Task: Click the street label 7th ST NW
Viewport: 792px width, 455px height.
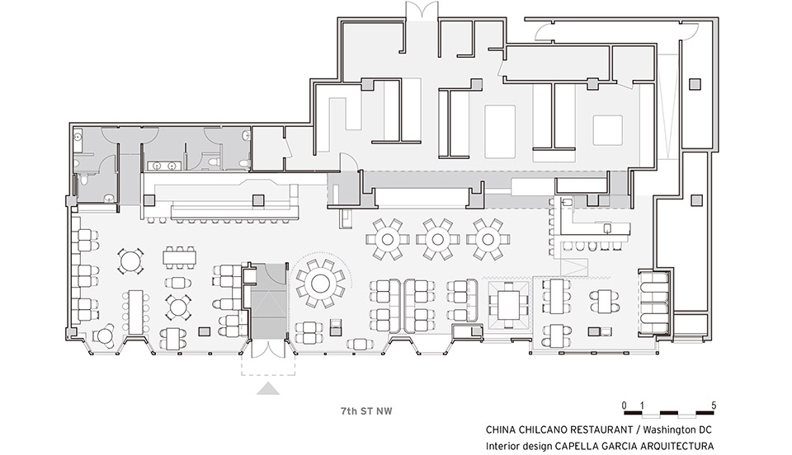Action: point(366,411)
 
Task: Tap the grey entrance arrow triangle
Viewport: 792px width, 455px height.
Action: point(268,389)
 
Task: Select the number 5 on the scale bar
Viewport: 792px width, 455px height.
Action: point(713,405)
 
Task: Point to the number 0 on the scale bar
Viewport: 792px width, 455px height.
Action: point(625,405)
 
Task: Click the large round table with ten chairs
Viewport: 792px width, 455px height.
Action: point(320,284)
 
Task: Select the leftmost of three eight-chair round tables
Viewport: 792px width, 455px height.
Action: point(388,239)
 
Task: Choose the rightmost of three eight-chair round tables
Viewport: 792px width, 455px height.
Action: point(488,239)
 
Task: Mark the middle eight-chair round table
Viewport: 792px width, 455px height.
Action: point(437,239)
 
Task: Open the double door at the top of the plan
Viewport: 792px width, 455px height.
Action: point(422,11)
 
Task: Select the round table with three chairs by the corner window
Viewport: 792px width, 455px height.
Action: point(105,335)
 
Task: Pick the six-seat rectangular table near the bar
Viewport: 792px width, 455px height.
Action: point(179,256)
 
